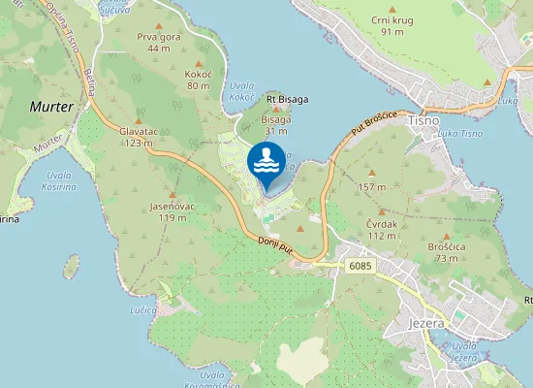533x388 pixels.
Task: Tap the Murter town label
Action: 51,107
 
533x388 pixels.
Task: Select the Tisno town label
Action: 424,120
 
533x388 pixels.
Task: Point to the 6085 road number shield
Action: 360,264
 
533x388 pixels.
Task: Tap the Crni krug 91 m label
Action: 392,25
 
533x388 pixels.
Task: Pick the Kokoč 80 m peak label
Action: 199,80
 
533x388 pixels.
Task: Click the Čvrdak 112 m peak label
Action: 383,230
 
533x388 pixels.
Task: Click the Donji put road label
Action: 276,248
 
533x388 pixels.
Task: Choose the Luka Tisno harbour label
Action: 460,133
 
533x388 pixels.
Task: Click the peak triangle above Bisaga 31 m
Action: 276,110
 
